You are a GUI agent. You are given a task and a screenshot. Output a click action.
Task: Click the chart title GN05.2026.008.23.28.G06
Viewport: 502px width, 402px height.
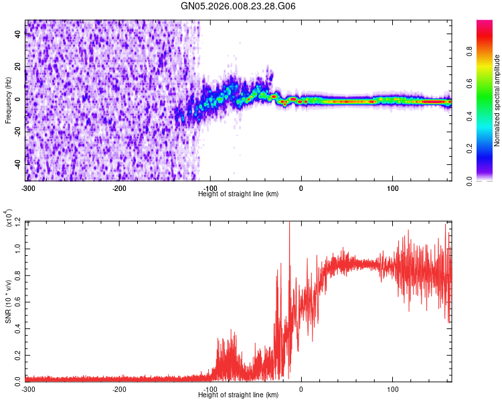[239, 6]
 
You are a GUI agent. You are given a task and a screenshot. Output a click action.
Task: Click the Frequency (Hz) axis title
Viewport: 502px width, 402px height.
[8, 100]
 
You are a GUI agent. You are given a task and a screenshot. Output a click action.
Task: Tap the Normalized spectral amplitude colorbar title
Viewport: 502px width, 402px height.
[497, 100]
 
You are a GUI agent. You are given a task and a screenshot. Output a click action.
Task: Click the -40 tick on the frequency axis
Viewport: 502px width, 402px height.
[17, 164]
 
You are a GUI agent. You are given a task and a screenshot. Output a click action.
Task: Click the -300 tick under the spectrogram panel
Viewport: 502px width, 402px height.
[27, 188]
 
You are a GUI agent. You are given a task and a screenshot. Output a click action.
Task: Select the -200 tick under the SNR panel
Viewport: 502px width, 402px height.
[119, 389]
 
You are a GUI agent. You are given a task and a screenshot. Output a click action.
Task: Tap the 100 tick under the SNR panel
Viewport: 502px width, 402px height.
[393, 389]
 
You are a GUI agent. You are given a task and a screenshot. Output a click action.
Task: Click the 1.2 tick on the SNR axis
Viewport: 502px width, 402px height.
[18, 221]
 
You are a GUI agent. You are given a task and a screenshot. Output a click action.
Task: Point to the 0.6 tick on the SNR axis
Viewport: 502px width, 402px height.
[18, 300]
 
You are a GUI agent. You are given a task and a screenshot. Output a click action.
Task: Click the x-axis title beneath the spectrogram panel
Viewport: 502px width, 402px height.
[239, 194]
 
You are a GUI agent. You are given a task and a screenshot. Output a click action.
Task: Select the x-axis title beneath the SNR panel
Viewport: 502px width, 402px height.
[239, 395]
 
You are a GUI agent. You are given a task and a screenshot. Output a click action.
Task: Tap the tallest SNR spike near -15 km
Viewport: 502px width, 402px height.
[289, 224]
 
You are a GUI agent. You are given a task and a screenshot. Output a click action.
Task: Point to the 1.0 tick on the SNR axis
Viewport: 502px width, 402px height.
[18, 247]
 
